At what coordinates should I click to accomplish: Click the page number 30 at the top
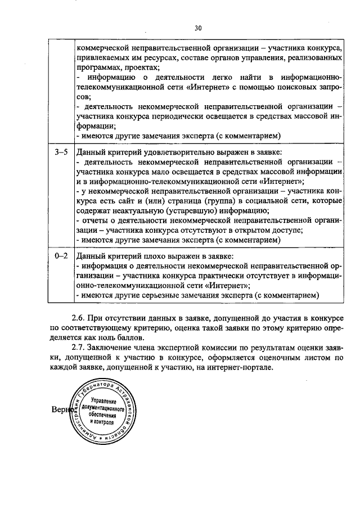198,28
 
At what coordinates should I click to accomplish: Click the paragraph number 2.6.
79,317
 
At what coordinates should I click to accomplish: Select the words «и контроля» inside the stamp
98,423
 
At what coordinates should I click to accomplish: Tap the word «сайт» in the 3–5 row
139,201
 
